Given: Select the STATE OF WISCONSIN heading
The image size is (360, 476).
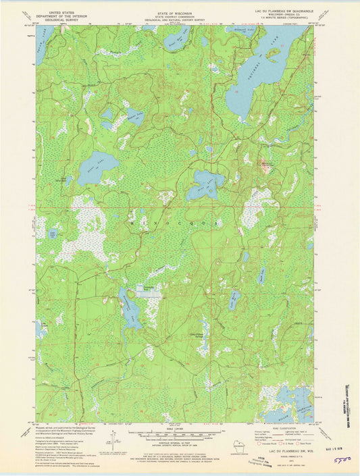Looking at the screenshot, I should pyautogui.click(x=175, y=5).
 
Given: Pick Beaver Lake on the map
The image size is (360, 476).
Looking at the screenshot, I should pyautogui.click(x=134, y=116).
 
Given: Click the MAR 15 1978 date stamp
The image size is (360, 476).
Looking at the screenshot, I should pyautogui.click(x=337, y=446).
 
